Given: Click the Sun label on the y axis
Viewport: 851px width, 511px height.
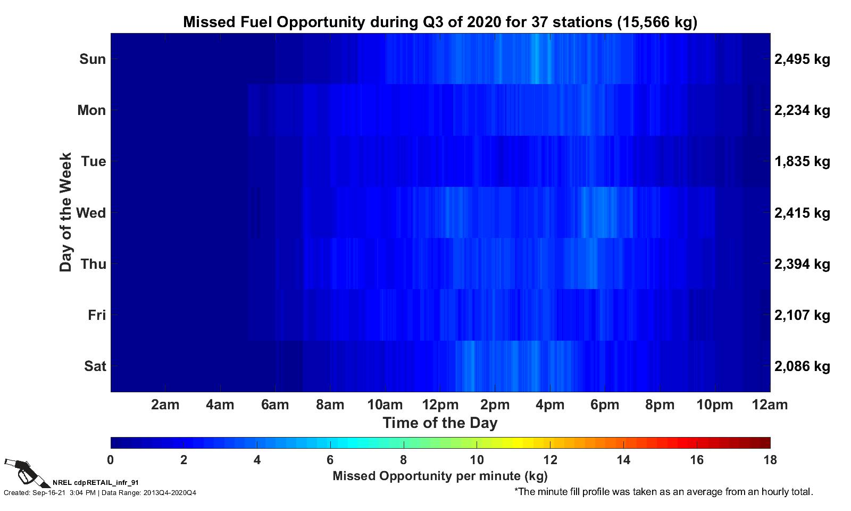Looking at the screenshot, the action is [93, 59].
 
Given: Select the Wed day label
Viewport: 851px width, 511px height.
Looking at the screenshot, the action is [91, 212].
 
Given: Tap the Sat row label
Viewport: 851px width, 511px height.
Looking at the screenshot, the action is [95, 366].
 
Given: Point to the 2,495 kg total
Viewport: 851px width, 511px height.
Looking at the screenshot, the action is [802, 59].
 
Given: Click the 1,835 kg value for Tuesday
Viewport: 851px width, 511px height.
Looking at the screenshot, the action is [802, 162].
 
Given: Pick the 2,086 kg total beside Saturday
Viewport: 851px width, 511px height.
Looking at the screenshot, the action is [802, 366].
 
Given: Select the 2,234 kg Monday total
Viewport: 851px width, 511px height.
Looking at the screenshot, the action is [802, 111].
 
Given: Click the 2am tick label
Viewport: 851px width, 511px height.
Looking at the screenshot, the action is [165, 405].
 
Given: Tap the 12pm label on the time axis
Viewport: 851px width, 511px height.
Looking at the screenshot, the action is [440, 405].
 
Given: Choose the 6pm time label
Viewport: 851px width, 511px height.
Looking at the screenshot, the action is [604, 405].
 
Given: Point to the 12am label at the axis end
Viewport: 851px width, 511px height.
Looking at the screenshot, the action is [770, 405].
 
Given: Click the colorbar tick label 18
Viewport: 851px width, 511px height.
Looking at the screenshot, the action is [770, 460].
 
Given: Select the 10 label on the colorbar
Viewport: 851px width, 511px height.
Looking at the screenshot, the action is [477, 460].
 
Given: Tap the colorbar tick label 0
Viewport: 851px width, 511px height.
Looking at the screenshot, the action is [111, 460].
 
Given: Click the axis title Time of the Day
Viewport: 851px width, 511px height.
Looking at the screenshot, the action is [440, 423].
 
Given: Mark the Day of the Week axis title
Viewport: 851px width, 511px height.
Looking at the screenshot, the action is [65, 212].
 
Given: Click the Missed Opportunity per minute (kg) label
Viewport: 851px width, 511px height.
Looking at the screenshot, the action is [440, 476].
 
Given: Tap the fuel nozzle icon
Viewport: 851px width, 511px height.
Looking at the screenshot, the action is [27, 473].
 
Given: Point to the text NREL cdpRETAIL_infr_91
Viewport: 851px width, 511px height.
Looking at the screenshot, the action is [96, 483].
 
